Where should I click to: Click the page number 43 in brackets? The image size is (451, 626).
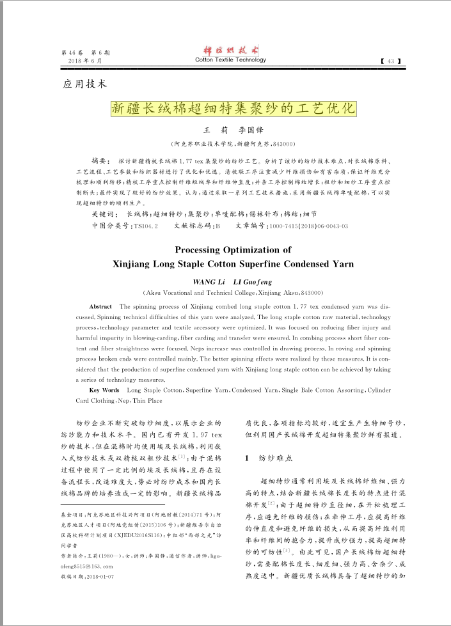coord(390,61)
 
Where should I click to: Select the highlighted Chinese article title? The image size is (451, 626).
coord(232,107)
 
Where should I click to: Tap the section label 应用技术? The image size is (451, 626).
coord(84,84)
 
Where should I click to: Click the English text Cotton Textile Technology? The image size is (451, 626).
coord(230,60)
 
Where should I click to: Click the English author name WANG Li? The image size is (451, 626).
coord(207,281)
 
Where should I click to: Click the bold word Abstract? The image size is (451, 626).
coord(101,307)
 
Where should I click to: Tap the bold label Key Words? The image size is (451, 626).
coord(104,390)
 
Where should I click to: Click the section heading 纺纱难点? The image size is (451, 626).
coord(275,458)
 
